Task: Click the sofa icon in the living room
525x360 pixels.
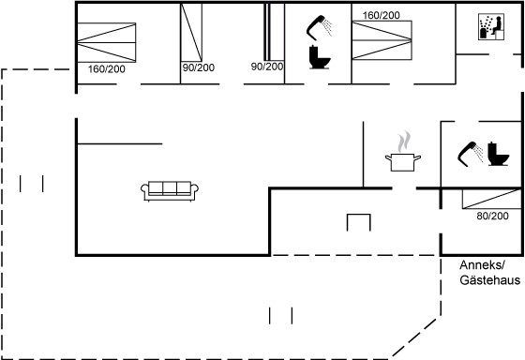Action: (x=170, y=191)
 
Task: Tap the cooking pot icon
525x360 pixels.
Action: (x=403, y=162)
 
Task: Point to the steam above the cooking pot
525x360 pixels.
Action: (x=404, y=142)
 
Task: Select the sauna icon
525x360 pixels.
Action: (x=491, y=27)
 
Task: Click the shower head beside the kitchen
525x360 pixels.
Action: (x=470, y=154)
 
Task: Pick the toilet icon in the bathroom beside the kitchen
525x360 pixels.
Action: (x=498, y=154)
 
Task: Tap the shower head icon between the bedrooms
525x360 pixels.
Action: (x=319, y=27)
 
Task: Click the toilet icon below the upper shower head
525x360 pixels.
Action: (x=320, y=57)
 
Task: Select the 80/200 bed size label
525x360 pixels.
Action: (x=492, y=216)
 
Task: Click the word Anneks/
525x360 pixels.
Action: (x=482, y=265)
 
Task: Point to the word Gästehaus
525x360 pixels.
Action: (x=489, y=280)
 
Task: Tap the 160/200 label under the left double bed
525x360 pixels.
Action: (x=107, y=69)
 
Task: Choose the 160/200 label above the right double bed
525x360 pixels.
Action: (x=381, y=15)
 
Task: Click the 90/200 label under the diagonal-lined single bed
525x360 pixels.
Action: (x=199, y=67)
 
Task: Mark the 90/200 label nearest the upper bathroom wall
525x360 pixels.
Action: (x=267, y=67)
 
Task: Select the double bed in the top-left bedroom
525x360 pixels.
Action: (x=107, y=42)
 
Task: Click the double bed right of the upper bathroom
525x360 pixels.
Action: (x=382, y=40)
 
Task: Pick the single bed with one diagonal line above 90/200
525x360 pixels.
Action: (x=191, y=33)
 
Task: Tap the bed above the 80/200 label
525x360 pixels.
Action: (x=492, y=199)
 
